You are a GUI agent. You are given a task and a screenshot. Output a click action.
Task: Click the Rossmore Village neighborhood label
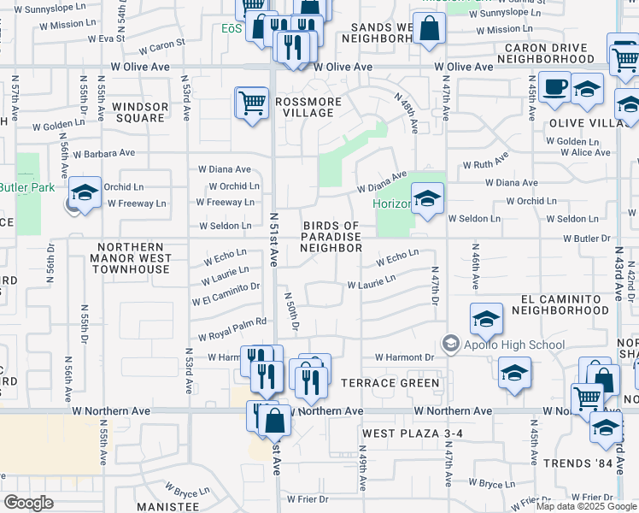(x=308, y=107)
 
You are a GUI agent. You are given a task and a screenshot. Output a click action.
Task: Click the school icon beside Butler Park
(x=85, y=194)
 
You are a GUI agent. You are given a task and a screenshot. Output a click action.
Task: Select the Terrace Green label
(x=390, y=383)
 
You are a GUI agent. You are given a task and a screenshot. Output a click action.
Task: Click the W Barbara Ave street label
(x=103, y=154)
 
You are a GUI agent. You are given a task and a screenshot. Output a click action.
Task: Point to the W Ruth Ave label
(x=485, y=162)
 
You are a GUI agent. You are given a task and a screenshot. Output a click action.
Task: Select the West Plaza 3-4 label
(x=412, y=433)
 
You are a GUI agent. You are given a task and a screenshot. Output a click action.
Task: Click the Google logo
(x=28, y=503)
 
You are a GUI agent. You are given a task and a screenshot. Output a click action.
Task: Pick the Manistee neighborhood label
(x=167, y=507)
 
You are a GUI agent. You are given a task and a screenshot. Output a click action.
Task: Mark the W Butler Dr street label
(x=587, y=239)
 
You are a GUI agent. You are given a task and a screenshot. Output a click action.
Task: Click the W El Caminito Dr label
(x=226, y=299)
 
